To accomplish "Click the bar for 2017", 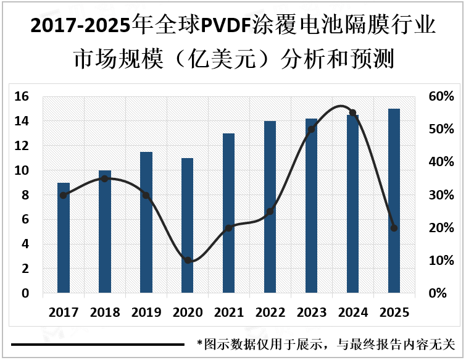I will click(64, 238).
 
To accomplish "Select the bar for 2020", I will click(188, 225).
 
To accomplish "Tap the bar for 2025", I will click(394, 201).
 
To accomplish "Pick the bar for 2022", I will click(270, 207).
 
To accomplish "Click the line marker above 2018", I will click(104, 178).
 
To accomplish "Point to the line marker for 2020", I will click(188, 261).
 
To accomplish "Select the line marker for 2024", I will click(352, 113).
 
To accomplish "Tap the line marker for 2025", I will click(394, 228).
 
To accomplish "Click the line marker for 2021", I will click(228, 228).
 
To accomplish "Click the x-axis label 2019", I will click(146, 312).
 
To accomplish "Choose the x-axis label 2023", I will click(311, 312).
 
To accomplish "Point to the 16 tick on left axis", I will click(22, 96).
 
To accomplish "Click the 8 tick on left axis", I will click(25, 195).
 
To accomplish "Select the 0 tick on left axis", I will click(25, 293).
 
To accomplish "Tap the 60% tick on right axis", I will click(441, 96).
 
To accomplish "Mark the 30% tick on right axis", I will click(441, 195).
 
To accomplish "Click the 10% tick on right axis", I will click(441, 261).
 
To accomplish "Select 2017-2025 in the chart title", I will click(80, 26).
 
